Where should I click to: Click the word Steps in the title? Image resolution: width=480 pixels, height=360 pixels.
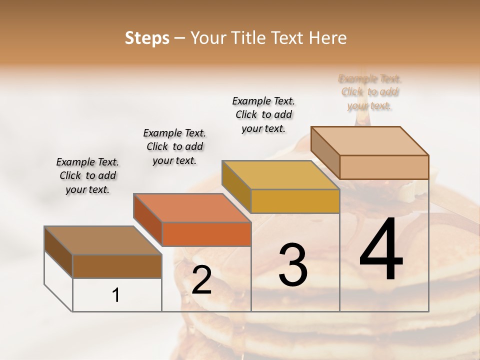(147, 38)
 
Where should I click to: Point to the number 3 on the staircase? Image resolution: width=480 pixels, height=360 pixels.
(293, 265)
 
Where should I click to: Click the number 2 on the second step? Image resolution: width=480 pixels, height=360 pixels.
(201, 280)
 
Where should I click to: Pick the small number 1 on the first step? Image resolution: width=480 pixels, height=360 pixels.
(116, 295)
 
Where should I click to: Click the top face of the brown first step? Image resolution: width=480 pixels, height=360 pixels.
(103, 240)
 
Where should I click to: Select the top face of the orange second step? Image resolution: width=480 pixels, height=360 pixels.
(192, 207)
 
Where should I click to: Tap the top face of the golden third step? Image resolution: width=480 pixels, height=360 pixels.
(281, 175)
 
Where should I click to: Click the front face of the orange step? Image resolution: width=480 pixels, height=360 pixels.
(206, 234)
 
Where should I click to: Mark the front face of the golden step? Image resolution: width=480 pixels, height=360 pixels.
(295, 201)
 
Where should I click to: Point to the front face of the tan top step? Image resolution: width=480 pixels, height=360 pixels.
(384, 167)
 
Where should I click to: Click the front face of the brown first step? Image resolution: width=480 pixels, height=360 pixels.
(117, 266)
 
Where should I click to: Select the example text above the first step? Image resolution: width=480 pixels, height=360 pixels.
(87, 175)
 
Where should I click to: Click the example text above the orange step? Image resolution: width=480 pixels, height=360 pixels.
(174, 146)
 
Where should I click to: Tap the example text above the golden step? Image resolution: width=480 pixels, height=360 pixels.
(263, 114)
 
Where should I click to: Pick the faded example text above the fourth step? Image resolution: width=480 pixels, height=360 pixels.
(370, 92)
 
